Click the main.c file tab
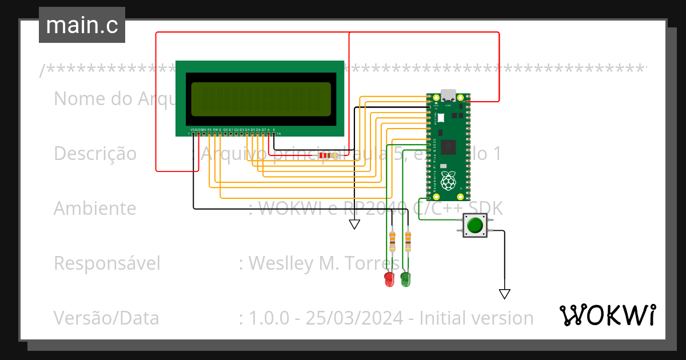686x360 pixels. pos(82,25)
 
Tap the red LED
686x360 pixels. pos(389,279)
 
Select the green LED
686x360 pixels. pos(405,279)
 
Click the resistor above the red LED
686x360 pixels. pos(392,241)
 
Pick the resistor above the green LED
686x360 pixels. pos(408,241)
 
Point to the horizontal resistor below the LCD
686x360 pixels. pos(327,155)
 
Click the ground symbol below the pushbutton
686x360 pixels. pos(504,294)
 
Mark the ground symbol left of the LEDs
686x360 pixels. pos(354,224)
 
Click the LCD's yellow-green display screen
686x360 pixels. pos(261,97)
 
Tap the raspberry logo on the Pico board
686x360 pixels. pos(449,181)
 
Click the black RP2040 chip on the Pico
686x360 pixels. pos(449,146)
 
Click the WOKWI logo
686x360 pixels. pos(607,315)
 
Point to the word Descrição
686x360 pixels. pos(95,154)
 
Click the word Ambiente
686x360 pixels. pos(95,209)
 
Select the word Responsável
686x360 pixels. pos(107,263)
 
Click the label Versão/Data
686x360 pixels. pos(106,318)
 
